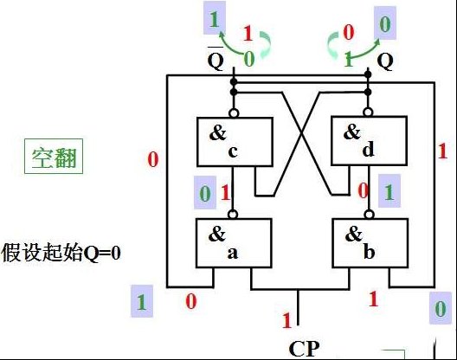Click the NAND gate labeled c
pos(235,142)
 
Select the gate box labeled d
pos(369,141)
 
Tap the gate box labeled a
pos(234,243)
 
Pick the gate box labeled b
pos(370,243)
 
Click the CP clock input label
pos(304,349)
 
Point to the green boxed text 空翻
pos(54,157)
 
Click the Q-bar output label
pos(216,59)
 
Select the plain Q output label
pos(385,61)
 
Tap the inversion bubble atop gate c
pos(234,112)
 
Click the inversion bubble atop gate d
pos(368,112)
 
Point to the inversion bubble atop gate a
pos(232,215)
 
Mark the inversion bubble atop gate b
pos(370,215)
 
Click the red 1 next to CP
pos(286,320)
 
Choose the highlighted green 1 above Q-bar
pos(215,18)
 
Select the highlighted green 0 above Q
pos(385,23)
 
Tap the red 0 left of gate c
pos(153,159)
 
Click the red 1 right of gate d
pos(442,151)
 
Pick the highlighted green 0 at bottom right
pos(440,308)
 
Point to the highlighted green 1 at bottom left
pos(142,301)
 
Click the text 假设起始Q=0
pos(61,252)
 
